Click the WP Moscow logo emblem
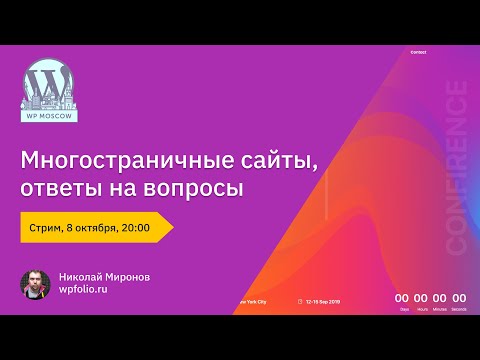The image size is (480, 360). click(48, 88)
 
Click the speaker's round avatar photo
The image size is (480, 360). click(36, 284)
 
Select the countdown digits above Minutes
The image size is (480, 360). click(440, 297)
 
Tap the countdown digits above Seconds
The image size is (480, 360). click(459, 297)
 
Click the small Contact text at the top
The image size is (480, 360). click(418, 52)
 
